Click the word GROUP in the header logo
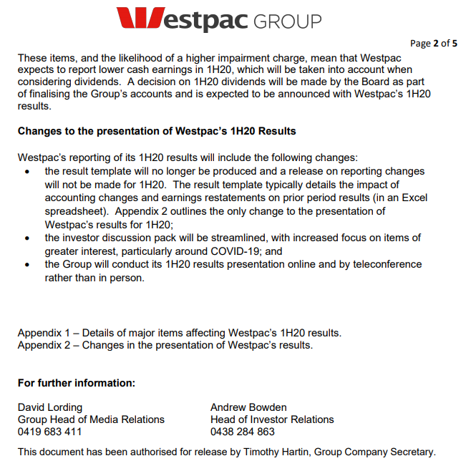tap(285, 21)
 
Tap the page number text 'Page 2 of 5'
tap(434, 43)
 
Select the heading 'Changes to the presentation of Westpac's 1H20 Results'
tap(157, 131)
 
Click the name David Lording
tap(50, 407)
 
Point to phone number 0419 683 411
tap(49, 432)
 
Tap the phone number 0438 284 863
tap(243, 432)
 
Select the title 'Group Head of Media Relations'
tap(91, 419)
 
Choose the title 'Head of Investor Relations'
tap(272, 419)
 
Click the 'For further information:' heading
tap(77, 383)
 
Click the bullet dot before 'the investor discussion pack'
tap(27, 238)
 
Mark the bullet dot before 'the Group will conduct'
tap(27, 265)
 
